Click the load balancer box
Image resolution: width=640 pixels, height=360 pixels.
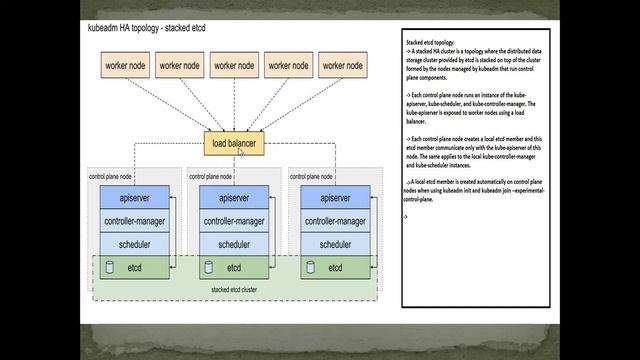pos(233,144)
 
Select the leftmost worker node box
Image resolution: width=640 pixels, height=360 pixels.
pos(125,66)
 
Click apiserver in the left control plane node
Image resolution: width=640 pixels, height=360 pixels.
pos(135,199)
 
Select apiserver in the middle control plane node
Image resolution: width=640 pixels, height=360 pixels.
pos(234,199)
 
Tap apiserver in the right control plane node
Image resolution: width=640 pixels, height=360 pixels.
pos(335,199)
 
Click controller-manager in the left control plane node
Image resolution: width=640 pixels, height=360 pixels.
pos(135,221)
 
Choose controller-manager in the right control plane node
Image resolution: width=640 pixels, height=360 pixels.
pos(335,221)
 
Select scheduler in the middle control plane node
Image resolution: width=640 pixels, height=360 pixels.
pos(234,244)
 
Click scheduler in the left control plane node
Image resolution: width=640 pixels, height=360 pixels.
pos(135,244)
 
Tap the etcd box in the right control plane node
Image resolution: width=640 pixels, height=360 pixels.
pos(335,268)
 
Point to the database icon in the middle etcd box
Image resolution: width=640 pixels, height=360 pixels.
pos(209,268)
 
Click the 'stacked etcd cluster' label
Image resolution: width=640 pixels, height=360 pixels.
pos(234,290)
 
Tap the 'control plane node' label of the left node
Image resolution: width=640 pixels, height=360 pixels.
pos(111,176)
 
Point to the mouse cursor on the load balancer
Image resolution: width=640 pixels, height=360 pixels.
pos(241,151)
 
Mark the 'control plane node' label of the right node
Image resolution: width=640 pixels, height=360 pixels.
pos(311,176)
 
